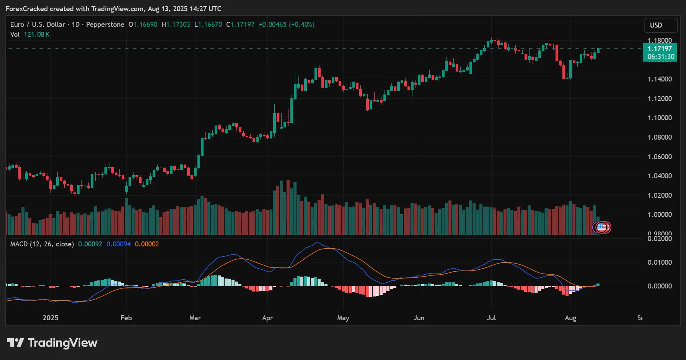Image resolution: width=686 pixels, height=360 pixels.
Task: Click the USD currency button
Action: tap(660, 25)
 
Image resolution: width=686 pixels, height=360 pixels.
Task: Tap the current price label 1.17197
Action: tap(660, 49)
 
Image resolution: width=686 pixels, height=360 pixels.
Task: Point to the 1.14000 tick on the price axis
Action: tap(660, 79)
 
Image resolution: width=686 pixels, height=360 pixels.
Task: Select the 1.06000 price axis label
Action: tap(660, 157)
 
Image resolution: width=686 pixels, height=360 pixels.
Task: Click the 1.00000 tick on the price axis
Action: tap(660, 215)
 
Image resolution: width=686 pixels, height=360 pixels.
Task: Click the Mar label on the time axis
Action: tap(195, 318)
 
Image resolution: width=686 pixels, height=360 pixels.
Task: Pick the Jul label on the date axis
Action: tap(491, 318)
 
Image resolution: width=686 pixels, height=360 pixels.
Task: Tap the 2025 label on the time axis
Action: tap(51, 318)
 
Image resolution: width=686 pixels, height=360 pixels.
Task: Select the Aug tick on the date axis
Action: tap(570, 318)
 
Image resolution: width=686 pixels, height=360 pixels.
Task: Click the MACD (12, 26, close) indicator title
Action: tap(42, 244)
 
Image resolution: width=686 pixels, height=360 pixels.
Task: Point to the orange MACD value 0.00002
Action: tap(147, 244)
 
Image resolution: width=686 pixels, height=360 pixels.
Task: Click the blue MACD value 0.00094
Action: tap(119, 244)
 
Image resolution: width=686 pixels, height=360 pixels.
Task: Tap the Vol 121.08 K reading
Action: tap(30, 34)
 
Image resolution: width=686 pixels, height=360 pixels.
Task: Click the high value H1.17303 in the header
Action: tap(176, 24)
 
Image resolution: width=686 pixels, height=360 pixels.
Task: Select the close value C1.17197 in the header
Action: tap(240, 24)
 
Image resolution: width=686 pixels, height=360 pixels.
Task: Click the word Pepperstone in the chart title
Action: tap(105, 24)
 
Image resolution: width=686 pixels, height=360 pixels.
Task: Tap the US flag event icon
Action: tap(601, 227)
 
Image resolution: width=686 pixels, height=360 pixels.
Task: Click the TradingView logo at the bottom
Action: tap(52, 343)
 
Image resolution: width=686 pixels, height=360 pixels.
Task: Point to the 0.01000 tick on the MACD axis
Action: tap(660, 262)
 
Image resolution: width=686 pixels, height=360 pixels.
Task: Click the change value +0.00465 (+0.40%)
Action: tap(287, 24)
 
